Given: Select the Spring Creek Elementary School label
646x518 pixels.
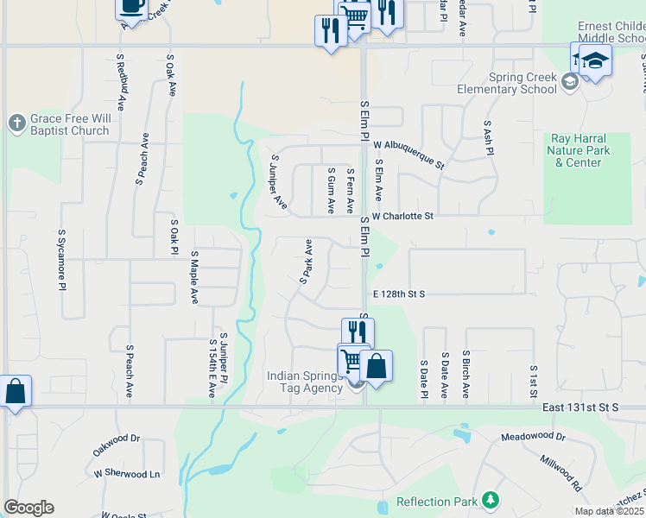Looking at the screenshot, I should point(510,83).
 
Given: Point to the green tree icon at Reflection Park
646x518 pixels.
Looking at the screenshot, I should point(491,500).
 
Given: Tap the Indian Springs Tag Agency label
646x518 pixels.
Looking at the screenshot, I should point(305,382).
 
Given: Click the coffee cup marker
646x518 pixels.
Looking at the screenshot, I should point(131,7).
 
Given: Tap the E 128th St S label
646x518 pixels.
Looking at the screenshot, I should point(400,294).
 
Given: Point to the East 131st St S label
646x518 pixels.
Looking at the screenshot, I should point(592,407).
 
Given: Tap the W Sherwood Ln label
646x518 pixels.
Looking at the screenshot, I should point(128,474).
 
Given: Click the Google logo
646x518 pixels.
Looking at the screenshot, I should point(28,508).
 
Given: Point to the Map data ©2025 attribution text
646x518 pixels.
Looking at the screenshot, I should point(609,511).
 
